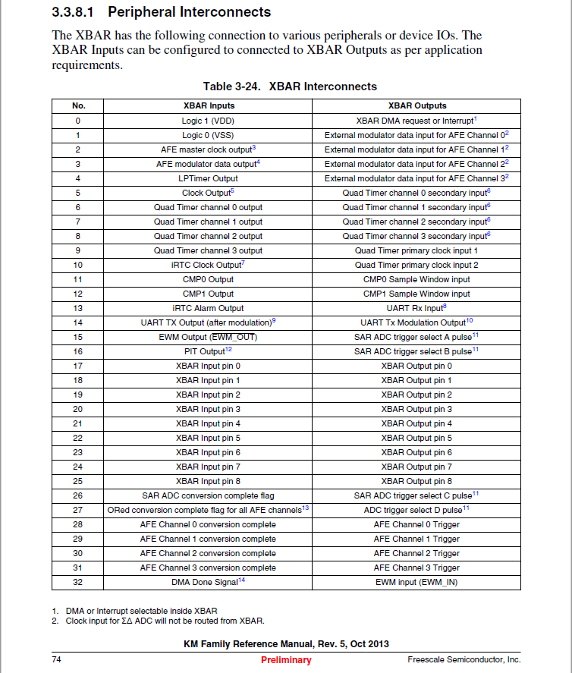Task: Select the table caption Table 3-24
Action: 290,86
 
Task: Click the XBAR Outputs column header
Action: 416,106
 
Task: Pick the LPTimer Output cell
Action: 208,178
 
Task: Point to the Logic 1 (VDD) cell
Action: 208,121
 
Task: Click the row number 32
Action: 77,582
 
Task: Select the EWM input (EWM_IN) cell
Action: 416,582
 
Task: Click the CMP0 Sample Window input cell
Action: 416,279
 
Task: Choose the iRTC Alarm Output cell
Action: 208,308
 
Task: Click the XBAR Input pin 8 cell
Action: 208,481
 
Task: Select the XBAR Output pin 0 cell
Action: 416,366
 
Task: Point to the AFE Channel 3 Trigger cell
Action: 416,568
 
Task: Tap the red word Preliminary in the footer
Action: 286,660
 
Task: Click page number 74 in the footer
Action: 56,660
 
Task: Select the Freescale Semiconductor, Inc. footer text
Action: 464,660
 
